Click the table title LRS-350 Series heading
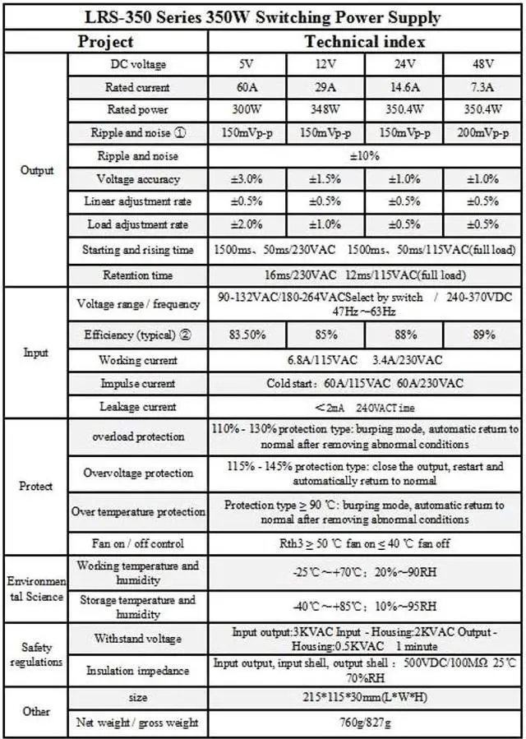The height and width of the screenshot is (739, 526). click(263, 17)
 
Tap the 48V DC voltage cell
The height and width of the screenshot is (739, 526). click(483, 64)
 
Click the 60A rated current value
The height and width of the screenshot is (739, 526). click(247, 87)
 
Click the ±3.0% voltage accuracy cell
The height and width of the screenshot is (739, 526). click(247, 179)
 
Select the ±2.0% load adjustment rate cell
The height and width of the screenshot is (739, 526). click(247, 224)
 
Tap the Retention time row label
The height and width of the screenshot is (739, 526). click(137, 275)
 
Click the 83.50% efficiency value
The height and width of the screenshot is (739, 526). click(247, 335)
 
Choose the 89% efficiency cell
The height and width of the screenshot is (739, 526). click(483, 335)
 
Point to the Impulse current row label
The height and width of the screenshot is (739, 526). click(137, 383)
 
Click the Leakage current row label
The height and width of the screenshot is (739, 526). click(137, 406)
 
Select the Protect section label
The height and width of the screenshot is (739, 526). click(35, 486)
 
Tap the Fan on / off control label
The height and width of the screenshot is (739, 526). click(137, 543)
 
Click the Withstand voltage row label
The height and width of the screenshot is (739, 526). click(137, 638)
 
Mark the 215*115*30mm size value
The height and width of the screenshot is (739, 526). click(365, 698)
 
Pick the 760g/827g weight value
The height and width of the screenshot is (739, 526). click(365, 723)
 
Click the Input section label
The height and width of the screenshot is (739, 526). click(35, 353)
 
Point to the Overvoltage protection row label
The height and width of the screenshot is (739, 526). click(137, 473)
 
